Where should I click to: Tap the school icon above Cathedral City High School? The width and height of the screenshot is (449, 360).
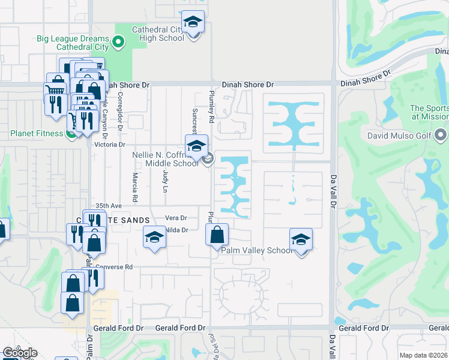193,23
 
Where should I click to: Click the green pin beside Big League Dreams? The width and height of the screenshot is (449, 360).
118,42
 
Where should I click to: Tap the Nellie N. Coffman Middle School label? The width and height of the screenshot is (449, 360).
165,159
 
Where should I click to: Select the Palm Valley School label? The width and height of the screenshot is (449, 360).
256,251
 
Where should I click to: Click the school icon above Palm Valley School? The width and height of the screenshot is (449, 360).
301,239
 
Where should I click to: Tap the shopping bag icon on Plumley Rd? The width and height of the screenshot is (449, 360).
217,235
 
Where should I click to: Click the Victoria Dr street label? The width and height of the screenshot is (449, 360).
109,145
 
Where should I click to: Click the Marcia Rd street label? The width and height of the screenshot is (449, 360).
135,187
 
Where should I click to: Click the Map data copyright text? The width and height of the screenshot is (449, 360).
422,355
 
